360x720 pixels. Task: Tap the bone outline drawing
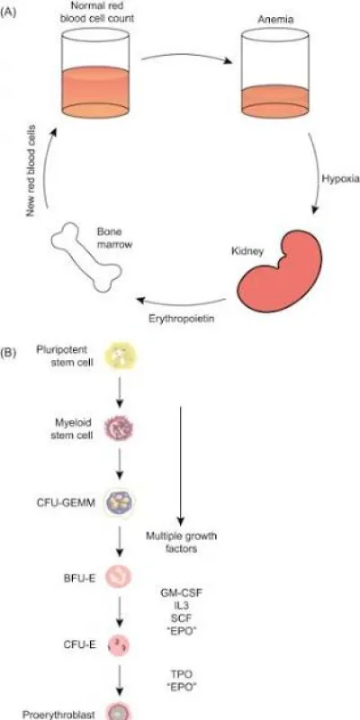(x=85, y=257)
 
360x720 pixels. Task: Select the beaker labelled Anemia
(x=274, y=73)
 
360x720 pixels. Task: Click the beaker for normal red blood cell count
(x=95, y=73)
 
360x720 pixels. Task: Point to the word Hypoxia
(x=340, y=179)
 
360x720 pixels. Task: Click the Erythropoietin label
(x=183, y=318)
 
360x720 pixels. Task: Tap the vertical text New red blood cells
(x=31, y=170)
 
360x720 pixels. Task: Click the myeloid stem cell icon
(x=120, y=428)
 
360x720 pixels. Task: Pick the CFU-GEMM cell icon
(x=120, y=503)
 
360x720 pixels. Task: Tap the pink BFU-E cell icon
(x=119, y=576)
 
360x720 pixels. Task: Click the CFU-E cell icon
(x=119, y=646)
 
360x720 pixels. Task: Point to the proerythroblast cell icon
(x=119, y=712)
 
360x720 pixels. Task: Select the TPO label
(x=182, y=674)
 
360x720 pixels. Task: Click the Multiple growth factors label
(x=182, y=542)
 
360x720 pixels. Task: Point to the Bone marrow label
(x=115, y=238)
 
